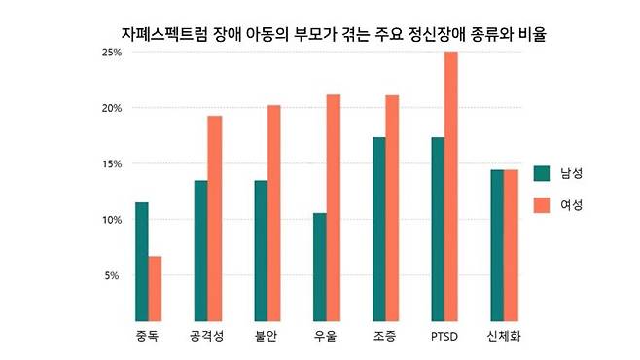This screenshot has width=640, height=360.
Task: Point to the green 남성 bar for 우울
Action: pos(319,267)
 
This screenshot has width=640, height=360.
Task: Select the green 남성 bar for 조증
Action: pos(378,229)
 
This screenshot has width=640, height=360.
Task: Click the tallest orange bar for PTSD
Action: pos(450,185)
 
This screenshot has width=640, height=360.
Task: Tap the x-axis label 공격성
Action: pos(207,337)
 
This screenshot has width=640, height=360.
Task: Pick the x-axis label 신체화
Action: pos(504,337)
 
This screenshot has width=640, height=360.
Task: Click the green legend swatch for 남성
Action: pos(542,173)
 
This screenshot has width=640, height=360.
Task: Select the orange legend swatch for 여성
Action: pos(542,205)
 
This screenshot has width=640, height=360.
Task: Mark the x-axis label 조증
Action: pos(385,337)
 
